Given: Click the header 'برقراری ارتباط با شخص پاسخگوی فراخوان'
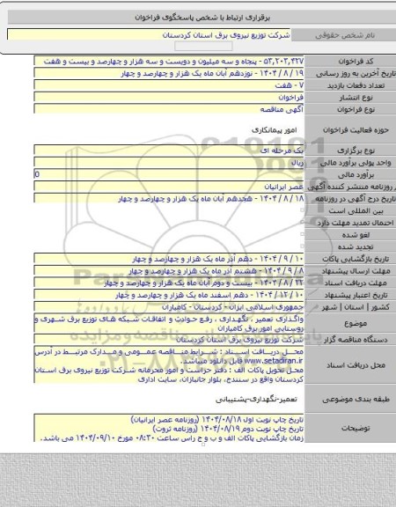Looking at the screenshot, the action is tap(198, 17).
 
